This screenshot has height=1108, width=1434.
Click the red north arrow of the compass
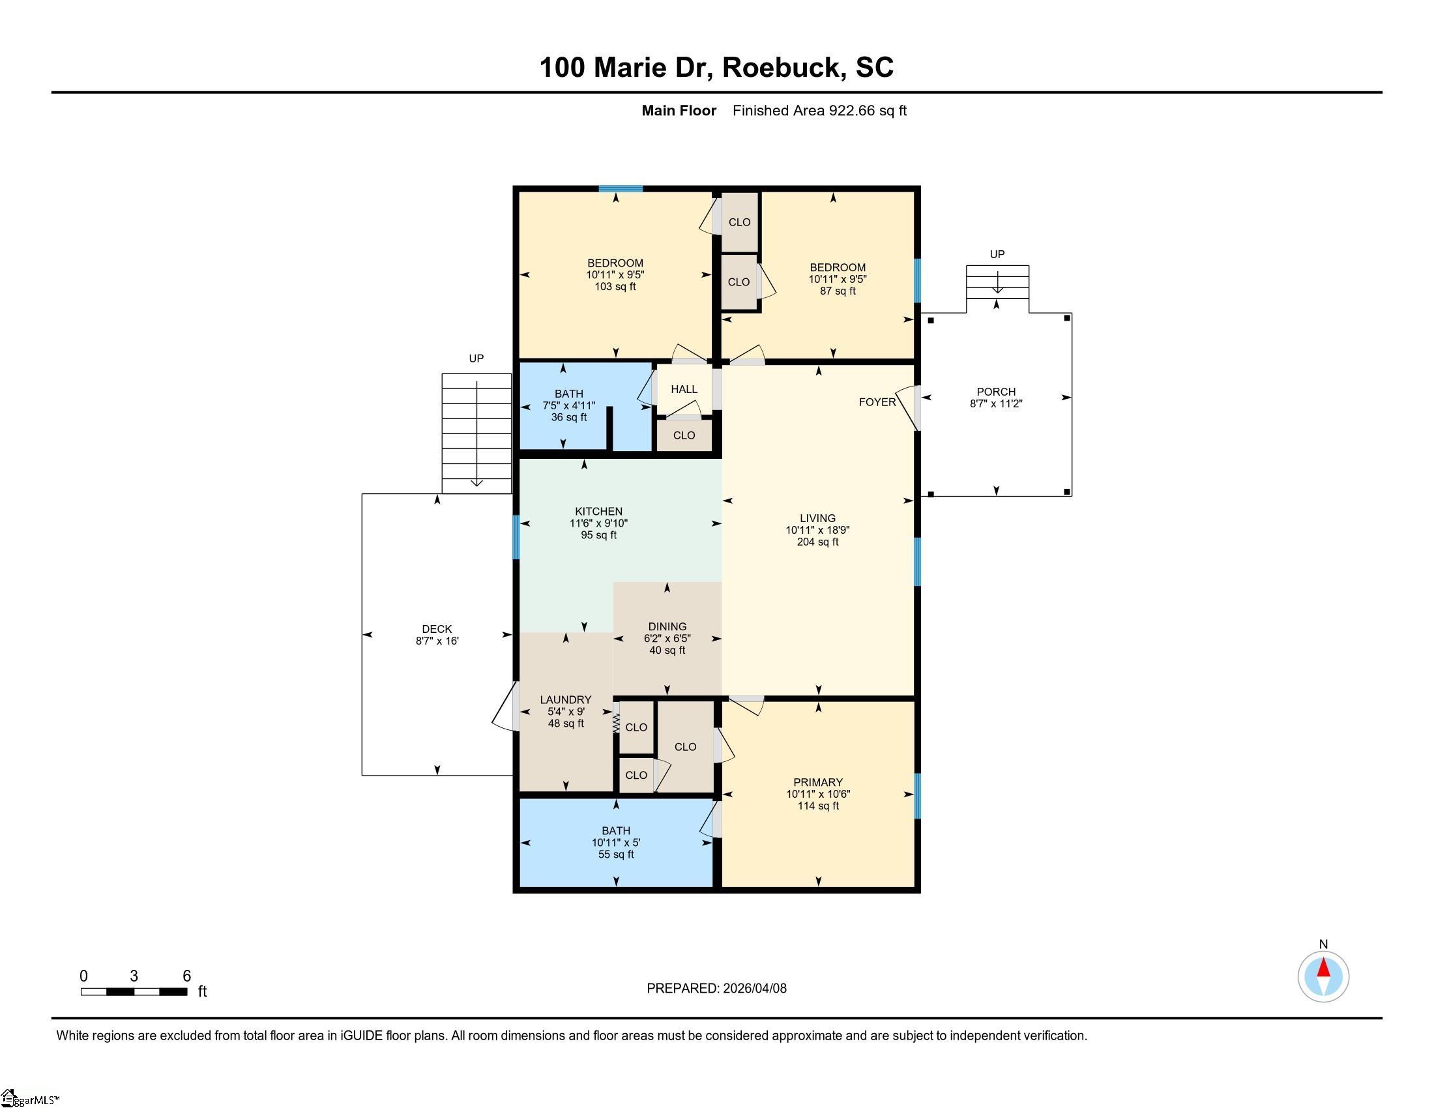[x=1323, y=968]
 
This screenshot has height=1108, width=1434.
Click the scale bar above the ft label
[x=134, y=991]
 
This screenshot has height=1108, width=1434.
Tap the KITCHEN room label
[x=599, y=512]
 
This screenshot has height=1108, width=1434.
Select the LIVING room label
[x=817, y=518]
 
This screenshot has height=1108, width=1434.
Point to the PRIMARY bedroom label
[x=818, y=782]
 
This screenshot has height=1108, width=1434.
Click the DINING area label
[x=667, y=627]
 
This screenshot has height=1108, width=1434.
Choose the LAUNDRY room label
[x=566, y=700]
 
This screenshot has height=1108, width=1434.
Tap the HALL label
[x=684, y=389]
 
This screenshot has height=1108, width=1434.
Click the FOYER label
[x=877, y=402]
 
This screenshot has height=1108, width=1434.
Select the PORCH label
[x=996, y=392]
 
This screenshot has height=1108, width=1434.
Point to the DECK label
[x=437, y=629]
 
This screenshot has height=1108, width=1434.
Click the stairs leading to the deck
[x=476, y=433]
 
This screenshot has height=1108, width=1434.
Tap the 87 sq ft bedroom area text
[x=838, y=291]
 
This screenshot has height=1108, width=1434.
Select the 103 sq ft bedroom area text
[x=615, y=286]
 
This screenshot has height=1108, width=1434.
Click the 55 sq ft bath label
[x=616, y=854]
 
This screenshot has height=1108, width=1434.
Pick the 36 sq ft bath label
[x=568, y=417]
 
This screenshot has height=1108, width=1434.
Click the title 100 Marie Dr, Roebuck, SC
[x=716, y=67]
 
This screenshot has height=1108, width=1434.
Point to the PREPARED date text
[x=716, y=989]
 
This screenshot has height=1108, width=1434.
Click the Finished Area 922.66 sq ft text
[x=819, y=110]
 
